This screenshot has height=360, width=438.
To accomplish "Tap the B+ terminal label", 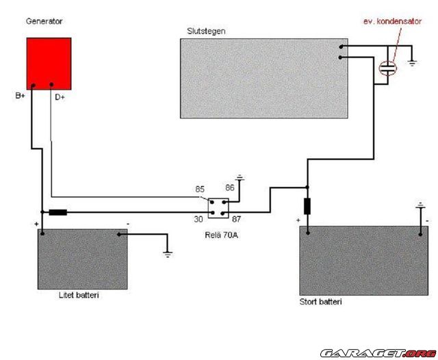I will click(x=21, y=96).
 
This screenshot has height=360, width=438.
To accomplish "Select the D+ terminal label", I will click(x=60, y=97).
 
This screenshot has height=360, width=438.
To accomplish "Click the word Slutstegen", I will click(x=206, y=31).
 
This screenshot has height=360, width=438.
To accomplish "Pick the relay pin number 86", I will click(x=230, y=186).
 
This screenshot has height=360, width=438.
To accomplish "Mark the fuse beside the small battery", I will click(x=58, y=212).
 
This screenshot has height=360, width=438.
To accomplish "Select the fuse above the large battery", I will click(x=307, y=205).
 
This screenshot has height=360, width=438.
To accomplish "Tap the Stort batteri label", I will click(x=321, y=302).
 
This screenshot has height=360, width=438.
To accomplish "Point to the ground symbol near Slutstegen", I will click(x=413, y=64).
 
